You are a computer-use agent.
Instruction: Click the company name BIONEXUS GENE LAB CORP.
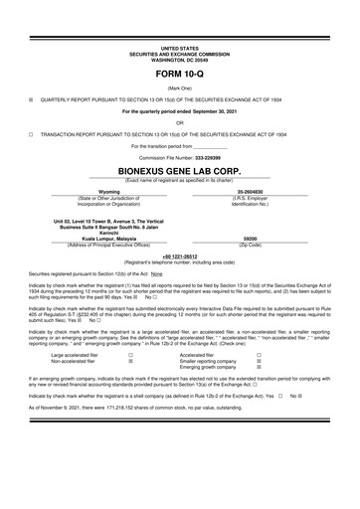click(179, 170)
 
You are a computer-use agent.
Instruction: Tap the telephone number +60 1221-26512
click(179, 255)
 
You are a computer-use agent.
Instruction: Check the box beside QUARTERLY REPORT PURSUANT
click(31, 99)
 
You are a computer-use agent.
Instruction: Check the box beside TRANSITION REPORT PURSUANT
click(31, 132)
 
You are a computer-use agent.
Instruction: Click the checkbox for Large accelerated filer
click(131, 354)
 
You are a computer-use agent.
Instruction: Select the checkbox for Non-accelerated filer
click(131, 362)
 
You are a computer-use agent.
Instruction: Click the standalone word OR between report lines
click(179, 121)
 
